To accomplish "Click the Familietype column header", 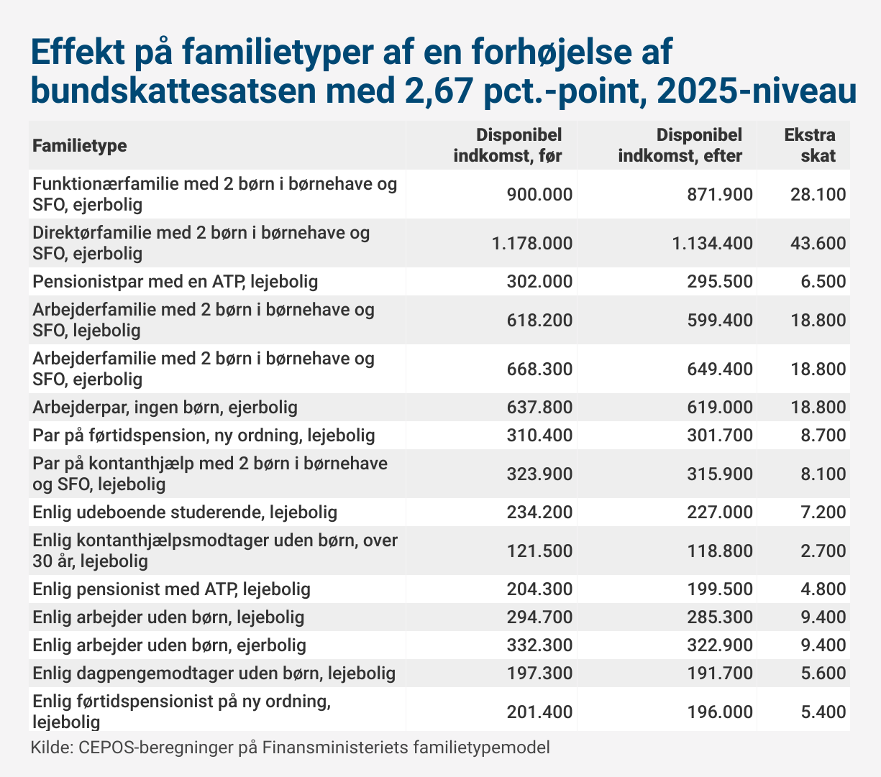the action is [80, 146].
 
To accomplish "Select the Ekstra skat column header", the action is [810, 146].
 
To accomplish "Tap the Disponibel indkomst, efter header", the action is [680, 146].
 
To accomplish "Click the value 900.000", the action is [539, 194].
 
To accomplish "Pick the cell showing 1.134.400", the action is [712, 244].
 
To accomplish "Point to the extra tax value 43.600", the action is [818, 244].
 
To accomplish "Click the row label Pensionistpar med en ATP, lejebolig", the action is [175, 282].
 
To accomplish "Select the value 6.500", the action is [823, 282].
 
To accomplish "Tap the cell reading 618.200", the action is [539, 321].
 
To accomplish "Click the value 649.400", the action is [720, 369].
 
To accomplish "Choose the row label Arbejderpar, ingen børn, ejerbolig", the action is [165, 408].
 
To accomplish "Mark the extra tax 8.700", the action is [823, 436].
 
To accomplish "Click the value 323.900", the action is [539, 474].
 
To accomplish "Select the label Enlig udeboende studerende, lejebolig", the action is [185, 512].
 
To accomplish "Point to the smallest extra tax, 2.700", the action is [823, 551].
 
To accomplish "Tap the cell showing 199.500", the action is [720, 589].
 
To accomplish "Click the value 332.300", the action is [539, 645].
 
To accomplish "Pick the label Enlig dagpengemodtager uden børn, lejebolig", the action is [214, 673].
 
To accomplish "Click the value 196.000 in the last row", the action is [720, 712].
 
